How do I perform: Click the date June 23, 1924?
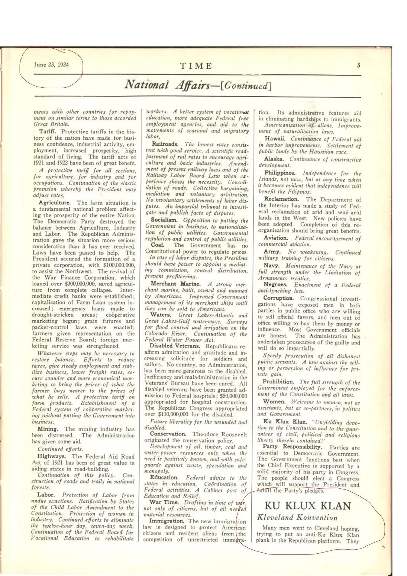pyautogui.click(x=51, y=64)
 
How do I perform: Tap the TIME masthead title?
pyautogui.click(x=196, y=66)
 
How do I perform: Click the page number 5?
pyautogui.click(x=358, y=65)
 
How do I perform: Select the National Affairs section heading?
pyautogui.click(x=198, y=85)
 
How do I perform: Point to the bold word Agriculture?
pyautogui.click(x=55, y=203)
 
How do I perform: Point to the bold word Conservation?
pyautogui.click(x=168, y=434)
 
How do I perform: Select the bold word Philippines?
pyautogui.click(x=280, y=173)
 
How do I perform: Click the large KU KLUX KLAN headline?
pyautogui.click(x=308, y=506)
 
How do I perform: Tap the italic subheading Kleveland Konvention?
pyautogui.click(x=297, y=517)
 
